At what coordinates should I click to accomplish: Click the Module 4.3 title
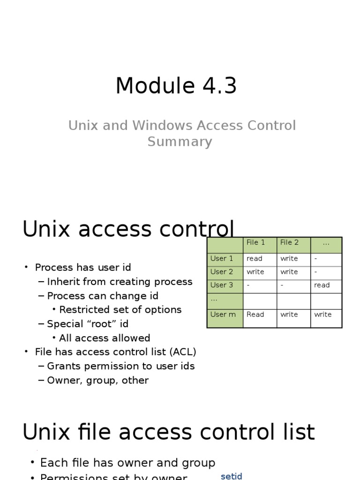pos(176,86)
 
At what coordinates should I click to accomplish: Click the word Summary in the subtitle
pos(180,142)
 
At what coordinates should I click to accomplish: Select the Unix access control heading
pos(128,230)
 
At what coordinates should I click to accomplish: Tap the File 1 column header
pos(256,243)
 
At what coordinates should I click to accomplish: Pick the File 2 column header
pos(289,243)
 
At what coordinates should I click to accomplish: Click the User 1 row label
pos(222,259)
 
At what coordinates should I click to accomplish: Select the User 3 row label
pos(222,285)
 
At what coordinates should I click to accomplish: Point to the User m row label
pos(223,315)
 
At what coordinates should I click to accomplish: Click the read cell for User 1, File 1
pos(255,259)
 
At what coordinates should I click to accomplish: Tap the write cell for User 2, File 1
pos(255,272)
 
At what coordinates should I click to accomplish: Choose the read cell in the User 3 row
pos(322,285)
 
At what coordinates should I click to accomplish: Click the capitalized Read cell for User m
pos(255,315)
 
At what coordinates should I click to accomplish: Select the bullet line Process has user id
pos(83,268)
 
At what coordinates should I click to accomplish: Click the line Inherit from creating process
pos(120,282)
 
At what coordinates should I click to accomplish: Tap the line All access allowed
pos(105,338)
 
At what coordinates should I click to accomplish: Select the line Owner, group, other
pos(97,380)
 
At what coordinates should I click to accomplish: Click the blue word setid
pos(231,476)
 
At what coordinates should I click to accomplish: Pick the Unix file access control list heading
pos(169,432)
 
